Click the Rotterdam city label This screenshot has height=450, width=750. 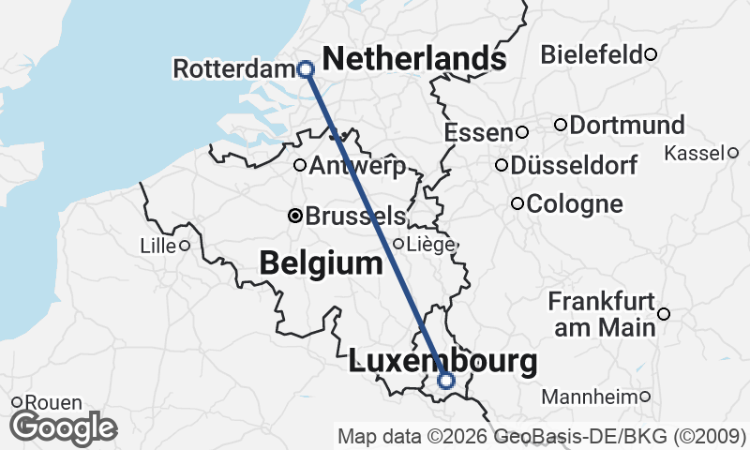[234, 68]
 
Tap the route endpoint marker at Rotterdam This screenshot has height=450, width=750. [305, 68]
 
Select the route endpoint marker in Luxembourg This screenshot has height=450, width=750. [446, 380]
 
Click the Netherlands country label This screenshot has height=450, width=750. [414, 59]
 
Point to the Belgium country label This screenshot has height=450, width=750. [322, 264]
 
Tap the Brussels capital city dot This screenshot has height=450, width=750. [295, 216]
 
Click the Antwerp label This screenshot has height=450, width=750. [356, 167]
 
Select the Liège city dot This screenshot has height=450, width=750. [398, 244]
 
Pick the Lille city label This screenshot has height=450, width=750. [157, 246]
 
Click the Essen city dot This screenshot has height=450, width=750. [522, 132]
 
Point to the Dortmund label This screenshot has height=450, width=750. [626, 125]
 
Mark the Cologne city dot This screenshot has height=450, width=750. [517, 203]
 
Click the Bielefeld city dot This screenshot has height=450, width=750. [651, 54]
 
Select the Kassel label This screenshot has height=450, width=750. [694, 153]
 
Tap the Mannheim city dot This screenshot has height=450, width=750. [645, 397]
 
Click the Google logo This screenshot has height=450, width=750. [64, 427]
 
